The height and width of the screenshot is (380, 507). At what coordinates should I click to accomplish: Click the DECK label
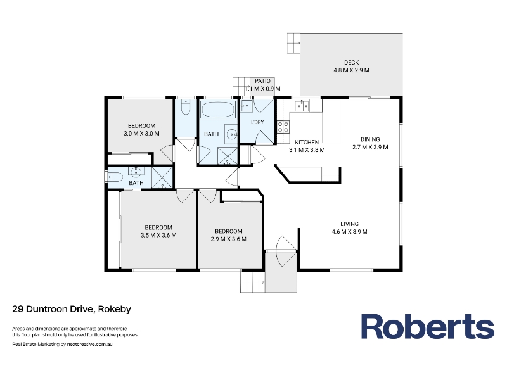tap(351, 62)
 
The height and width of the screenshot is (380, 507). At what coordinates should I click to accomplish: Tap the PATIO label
tap(262, 81)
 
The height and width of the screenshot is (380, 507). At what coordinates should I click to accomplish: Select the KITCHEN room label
tap(307, 142)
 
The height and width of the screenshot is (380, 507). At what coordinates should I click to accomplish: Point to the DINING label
tap(370, 139)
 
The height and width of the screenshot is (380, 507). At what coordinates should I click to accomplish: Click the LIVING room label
tap(350, 224)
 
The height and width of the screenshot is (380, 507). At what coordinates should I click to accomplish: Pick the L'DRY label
tap(257, 122)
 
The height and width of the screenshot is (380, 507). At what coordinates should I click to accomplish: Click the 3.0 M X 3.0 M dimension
tap(141, 134)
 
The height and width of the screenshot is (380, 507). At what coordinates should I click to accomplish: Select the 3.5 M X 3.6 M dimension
tap(158, 235)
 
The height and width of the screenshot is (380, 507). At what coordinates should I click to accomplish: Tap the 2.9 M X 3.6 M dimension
tap(229, 239)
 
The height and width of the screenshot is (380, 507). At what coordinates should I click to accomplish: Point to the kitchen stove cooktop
tap(283, 127)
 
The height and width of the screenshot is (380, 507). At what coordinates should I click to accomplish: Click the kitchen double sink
tap(302, 106)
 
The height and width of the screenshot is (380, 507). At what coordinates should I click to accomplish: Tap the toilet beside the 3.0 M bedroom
tap(186, 107)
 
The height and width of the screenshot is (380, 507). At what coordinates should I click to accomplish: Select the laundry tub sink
tap(247, 106)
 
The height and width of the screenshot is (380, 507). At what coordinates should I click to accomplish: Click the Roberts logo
tap(427, 327)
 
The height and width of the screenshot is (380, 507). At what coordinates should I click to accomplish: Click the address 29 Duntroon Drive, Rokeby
tap(72, 309)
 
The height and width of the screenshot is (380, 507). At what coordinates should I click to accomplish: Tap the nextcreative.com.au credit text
tap(89, 344)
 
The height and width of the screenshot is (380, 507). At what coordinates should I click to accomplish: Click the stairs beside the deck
tap(294, 43)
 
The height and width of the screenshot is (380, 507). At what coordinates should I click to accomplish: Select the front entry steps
tap(252, 282)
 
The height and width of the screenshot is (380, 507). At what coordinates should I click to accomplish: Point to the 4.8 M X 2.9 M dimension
tap(352, 70)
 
